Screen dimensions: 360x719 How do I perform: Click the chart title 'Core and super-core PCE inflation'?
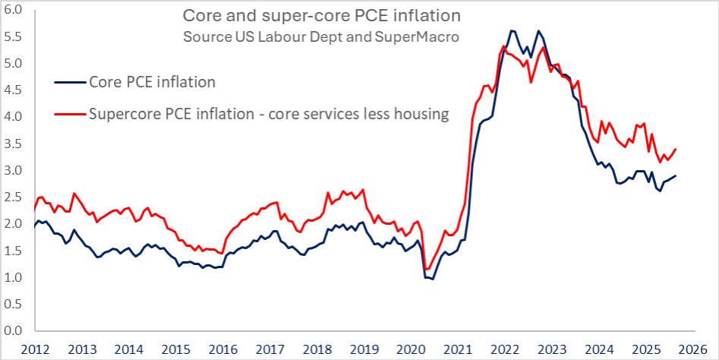click(321, 16)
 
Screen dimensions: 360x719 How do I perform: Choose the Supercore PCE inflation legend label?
click(269, 114)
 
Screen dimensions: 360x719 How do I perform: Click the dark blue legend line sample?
click(70, 82)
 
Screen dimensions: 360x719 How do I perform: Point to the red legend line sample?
click(70, 114)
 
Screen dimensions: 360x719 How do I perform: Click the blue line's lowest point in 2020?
click(432, 279)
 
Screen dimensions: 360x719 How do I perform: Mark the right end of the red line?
click(676, 149)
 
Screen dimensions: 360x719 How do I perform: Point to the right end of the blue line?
click(676, 176)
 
